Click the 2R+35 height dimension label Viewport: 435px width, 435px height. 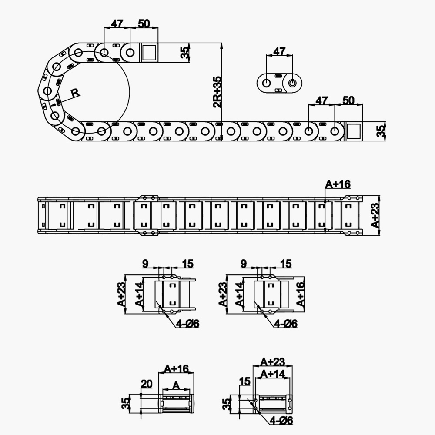click(217, 92)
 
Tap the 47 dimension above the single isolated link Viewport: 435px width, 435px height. click(279, 51)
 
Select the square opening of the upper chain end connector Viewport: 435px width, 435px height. click(148, 53)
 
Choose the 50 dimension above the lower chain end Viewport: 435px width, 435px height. click(348, 101)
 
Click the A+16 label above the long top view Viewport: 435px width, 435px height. click(338, 184)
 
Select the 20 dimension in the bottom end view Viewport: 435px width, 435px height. click(147, 383)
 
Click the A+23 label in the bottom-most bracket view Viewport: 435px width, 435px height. click(273, 361)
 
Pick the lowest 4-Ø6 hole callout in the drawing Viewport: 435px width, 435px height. click(281, 420)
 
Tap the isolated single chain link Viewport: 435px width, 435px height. click(280, 82)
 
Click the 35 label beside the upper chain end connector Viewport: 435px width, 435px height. click(185, 53)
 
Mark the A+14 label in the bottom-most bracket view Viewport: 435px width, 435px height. click(272, 373)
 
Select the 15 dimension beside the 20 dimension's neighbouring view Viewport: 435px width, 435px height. click(245, 381)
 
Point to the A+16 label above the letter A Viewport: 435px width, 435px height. click(176, 369)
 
